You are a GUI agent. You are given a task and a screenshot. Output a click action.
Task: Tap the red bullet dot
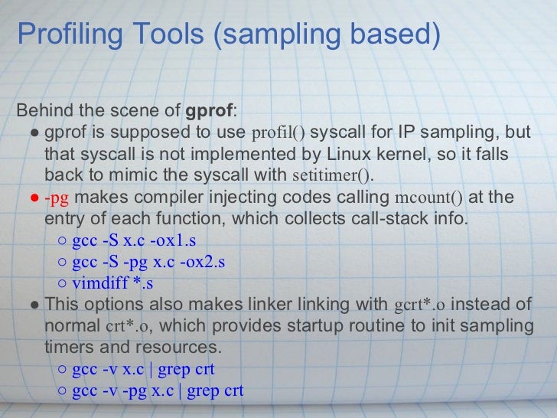34,198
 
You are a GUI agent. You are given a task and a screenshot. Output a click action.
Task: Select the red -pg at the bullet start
57,198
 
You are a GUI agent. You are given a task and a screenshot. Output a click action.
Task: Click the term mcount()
428,198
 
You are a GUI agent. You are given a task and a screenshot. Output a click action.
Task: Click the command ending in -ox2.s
148,263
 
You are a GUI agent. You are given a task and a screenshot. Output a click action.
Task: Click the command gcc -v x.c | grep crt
143,370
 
